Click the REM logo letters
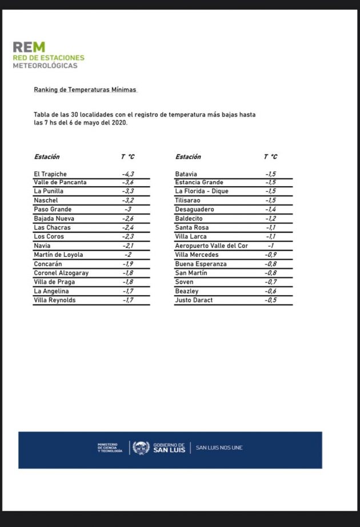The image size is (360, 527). tap(29, 47)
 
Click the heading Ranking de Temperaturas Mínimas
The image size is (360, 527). tap(85, 90)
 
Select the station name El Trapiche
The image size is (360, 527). tap(50, 174)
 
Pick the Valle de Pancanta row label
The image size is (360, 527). tap(60, 182)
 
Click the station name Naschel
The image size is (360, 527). tap(46, 200)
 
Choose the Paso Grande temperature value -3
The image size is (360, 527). tap(128, 210)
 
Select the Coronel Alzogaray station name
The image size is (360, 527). tap(61, 273)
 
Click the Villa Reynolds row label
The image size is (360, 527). tap(55, 300)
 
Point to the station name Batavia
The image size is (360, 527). tap(186, 174)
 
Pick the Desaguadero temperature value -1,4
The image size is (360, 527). tap(271, 210)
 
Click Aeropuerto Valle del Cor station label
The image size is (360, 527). tap(211, 246)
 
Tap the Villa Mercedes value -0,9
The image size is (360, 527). tap(271, 255)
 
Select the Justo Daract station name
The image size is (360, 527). tap(194, 300)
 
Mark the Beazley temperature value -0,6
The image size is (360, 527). tap(271, 291)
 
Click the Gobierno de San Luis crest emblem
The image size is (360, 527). tap(141, 448)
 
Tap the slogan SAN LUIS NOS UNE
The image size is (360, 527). tap(219, 448)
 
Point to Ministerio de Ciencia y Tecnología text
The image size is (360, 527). tap(110, 448)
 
